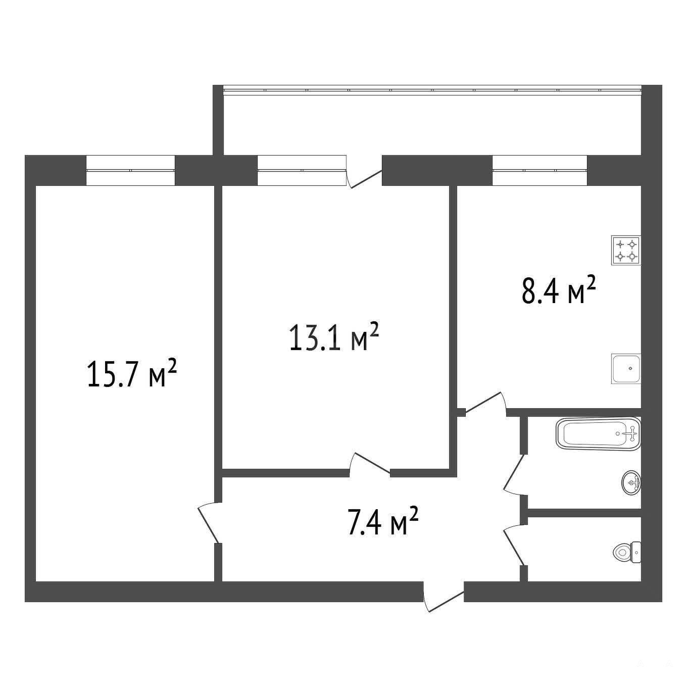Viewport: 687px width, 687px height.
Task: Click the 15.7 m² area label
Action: (x=131, y=374)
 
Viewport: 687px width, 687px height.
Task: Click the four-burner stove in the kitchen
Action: (x=626, y=250)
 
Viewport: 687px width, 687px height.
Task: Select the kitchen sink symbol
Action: (x=626, y=369)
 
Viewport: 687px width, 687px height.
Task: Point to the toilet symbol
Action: (x=627, y=553)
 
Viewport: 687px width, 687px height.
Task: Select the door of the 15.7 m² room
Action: (x=210, y=522)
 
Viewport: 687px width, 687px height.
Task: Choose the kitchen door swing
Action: (x=485, y=404)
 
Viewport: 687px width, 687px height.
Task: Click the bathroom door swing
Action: (x=514, y=474)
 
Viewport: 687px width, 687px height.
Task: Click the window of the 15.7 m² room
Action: (x=130, y=170)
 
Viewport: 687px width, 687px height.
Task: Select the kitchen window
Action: (x=539, y=170)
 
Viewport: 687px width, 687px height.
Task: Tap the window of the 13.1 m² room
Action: (x=302, y=170)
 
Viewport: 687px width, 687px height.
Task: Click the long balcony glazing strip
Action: (x=432, y=90)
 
